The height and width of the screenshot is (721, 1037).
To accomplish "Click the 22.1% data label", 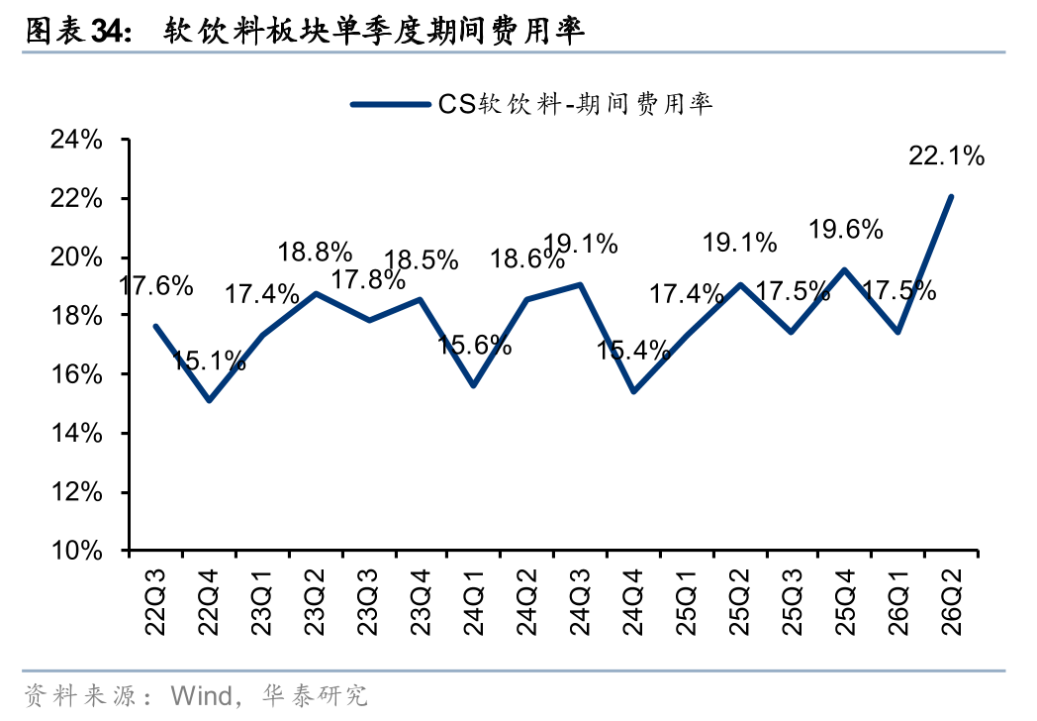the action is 946,156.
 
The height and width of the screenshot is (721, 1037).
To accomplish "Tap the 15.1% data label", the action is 209,360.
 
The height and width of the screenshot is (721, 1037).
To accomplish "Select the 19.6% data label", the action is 846,230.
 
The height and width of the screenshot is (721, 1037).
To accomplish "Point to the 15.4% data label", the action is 633,351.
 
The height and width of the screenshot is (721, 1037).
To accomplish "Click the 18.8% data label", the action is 315,253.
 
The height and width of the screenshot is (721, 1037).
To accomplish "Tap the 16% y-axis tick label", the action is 77,374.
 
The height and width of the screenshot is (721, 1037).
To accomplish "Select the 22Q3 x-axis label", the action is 155,602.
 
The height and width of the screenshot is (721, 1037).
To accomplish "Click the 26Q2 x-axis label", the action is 952,602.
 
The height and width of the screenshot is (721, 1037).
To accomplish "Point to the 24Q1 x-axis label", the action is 474,602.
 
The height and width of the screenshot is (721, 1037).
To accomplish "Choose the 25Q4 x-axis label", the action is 846,602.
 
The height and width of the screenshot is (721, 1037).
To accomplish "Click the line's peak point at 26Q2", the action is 951,197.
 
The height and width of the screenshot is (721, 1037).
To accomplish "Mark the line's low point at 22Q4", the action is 209,400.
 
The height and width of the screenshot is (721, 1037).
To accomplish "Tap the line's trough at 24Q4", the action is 633,391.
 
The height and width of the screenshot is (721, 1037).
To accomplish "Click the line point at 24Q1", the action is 474,385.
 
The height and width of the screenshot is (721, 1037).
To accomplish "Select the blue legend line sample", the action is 390,105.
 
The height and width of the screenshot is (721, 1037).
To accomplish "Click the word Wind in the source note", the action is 201,696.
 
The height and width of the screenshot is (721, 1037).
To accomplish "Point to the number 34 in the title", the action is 107,31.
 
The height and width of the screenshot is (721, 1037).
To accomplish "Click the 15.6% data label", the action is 474,345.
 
